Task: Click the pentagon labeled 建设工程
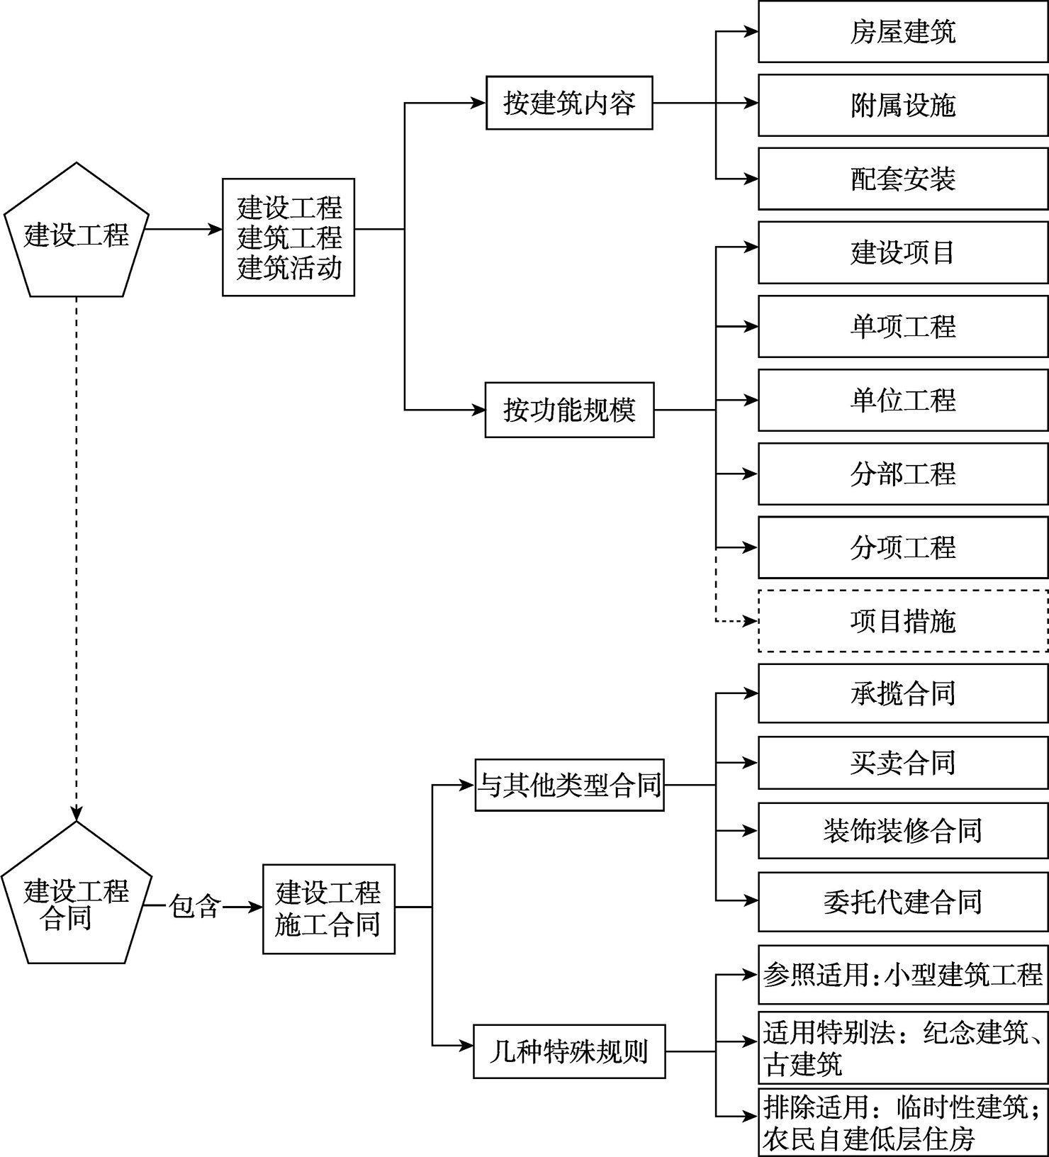click(x=77, y=234)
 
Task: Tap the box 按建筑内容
click(x=569, y=104)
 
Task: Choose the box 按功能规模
click(x=569, y=410)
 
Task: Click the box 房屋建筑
click(x=903, y=32)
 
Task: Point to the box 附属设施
click(x=903, y=106)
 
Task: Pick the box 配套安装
click(x=903, y=179)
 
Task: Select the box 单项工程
click(x=903, y=326)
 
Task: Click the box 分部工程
click(x=903, y=474)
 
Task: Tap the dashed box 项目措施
click(x=903, y=621)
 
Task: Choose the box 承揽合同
click(x=903, y=693)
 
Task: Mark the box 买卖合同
click(x=903, y=763)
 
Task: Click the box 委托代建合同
click(x=903, y=902)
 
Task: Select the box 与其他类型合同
click(x=570, y=785)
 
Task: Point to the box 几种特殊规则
click(x=569, y=1051)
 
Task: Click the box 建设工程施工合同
click(x=328, y=908)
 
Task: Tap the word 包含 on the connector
click(x=195, y=907)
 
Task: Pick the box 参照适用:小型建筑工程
click(x=903, y=975)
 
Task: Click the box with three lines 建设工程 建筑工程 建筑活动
click(x=288, y=237)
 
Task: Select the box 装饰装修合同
click(x=903, y=830)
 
